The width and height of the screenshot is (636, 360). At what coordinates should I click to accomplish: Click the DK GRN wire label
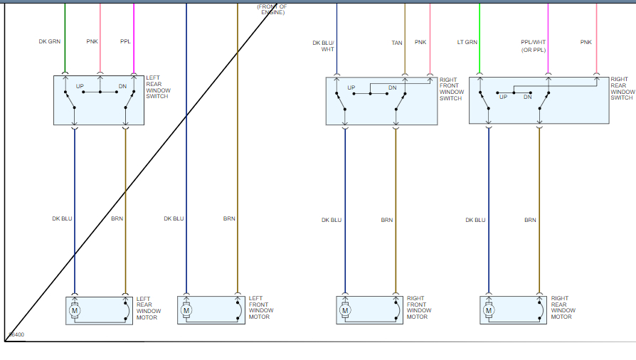[49, 41]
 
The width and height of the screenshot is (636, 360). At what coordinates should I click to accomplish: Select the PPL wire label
[125, 41]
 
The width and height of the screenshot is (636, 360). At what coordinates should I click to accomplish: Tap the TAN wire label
[396, 42]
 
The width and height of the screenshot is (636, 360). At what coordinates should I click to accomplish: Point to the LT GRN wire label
[467, 42]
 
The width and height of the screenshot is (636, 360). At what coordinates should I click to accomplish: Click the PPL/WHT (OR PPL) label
[533, 46]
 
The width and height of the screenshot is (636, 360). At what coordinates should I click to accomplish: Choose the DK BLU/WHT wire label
[323, 46]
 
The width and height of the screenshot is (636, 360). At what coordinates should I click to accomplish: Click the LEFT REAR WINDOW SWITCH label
[157, 87]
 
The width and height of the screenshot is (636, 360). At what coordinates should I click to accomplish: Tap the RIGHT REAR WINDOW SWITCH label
[622, 88]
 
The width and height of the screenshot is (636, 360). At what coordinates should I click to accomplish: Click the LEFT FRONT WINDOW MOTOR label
[261, 307]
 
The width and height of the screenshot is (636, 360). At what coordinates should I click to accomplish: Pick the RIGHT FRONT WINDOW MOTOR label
[419, 307]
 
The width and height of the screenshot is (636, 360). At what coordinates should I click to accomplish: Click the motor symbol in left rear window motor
[75, 309]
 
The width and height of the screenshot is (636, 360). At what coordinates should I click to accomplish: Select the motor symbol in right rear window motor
[489, 309]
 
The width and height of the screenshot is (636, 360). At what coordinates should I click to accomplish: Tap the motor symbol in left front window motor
[186, 309]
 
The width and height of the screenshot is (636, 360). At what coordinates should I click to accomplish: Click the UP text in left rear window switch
[80, 86]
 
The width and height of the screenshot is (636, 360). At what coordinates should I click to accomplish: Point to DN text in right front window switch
[392, 88]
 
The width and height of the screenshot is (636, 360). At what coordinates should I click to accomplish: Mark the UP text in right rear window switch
[503, 97]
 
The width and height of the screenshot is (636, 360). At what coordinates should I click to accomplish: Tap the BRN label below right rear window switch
[530, 220]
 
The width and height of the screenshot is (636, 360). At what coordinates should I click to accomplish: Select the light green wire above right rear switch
[479, 36]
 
